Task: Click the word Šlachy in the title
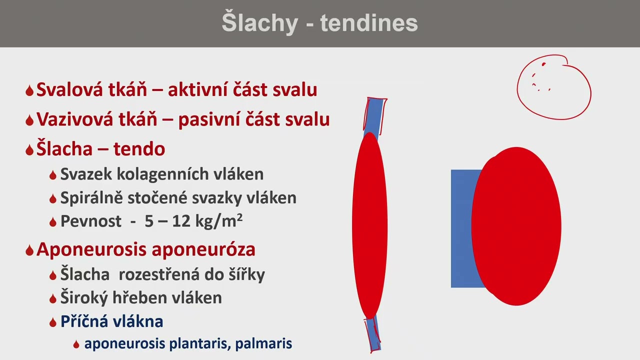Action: click(259, 23)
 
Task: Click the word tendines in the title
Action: click(369, 23)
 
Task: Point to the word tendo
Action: click(139, 149)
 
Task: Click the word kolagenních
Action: click(156, 174)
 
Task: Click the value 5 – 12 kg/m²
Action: click(193, 221)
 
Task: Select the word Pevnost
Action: click(90, 221)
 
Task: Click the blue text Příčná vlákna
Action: click(111, 321)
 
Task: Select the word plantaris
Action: click(199, 344)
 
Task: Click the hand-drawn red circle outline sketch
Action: click(553, 88)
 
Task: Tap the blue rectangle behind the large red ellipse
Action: click(460, 228)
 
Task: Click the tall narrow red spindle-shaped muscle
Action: click(370, 225)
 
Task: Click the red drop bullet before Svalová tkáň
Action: click(29, 90)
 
